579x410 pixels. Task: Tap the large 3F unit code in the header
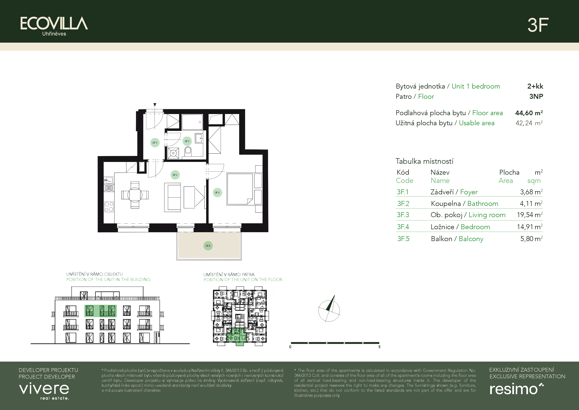(538, 25)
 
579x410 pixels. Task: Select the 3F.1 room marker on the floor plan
(155, 143)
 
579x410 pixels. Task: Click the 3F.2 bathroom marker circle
(187, 141)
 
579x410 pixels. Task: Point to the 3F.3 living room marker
(175, 175)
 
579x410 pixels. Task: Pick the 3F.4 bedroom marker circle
(217, 192)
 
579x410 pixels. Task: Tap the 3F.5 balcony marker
(208, 246)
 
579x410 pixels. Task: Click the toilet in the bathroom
(188, 152)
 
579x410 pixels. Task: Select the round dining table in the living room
(135, 195)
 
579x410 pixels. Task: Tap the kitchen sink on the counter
(108, 180)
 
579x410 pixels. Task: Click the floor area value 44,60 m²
(529, 113)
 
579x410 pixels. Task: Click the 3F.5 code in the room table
(403, 239)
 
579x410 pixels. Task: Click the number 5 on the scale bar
(379, 347)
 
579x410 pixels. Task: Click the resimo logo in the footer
(516, 389)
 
